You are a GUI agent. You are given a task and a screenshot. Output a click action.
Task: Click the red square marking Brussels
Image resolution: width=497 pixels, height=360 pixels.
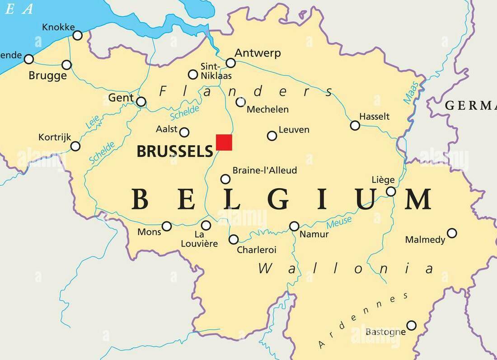click(224, 142)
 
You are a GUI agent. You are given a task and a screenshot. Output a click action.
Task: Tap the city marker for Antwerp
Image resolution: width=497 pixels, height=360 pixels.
click(230, 63)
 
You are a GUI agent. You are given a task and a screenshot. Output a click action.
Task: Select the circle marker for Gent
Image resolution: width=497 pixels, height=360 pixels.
click(141, 102)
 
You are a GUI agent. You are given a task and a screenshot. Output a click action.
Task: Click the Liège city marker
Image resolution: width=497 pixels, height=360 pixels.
click(391, 191)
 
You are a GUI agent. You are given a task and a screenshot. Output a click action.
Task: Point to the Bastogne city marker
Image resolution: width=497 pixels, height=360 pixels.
click(411, 325)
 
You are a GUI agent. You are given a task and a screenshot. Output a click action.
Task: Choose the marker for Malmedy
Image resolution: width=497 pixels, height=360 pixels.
click(452, 233)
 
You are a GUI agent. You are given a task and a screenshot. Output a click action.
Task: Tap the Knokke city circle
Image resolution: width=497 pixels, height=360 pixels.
click(78, 35)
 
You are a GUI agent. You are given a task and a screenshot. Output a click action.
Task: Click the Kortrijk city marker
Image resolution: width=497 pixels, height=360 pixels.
click(75, 146)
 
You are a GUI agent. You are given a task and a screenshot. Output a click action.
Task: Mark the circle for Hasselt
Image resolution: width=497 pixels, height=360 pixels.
click(355, 125)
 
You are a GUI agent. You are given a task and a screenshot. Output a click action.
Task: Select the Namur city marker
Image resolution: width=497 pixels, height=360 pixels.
click(294, 226)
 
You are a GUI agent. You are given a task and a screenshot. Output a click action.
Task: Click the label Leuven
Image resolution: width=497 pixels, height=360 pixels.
click(294, 130)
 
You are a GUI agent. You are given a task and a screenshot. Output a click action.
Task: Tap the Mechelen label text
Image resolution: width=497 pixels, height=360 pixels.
click(267, 109)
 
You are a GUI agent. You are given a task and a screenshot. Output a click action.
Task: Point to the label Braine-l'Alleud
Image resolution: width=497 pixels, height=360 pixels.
click(265, 171)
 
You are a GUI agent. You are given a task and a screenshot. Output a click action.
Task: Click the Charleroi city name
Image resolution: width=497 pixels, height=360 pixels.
click(257, 250)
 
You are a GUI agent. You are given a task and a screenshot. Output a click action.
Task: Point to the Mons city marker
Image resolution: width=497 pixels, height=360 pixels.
click(167, 226)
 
